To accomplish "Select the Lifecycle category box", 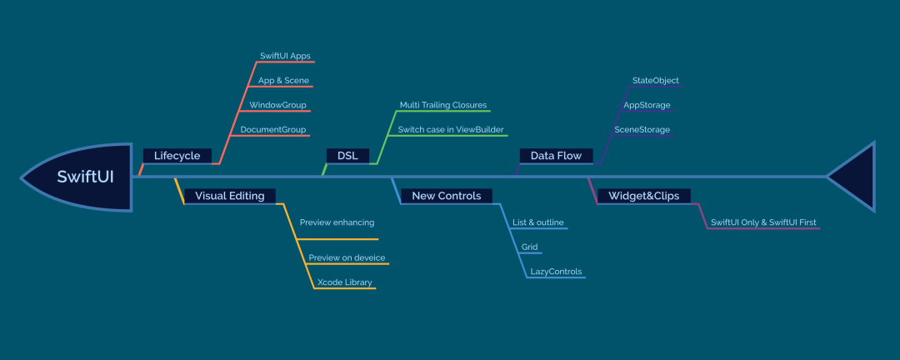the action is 177,156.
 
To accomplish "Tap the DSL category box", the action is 347,156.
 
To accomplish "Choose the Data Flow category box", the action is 556,156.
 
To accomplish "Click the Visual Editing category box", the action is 230,196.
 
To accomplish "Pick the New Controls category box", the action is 447,196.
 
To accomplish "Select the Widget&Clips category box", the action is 644,196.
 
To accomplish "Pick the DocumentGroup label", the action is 273,130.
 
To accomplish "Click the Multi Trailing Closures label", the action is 443,105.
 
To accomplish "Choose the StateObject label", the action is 656,80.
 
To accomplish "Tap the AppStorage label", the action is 647,105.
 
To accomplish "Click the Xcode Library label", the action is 345,282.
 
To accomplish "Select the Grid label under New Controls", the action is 530,247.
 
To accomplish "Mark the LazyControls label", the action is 556,272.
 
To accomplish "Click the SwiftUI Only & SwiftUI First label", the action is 763,222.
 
